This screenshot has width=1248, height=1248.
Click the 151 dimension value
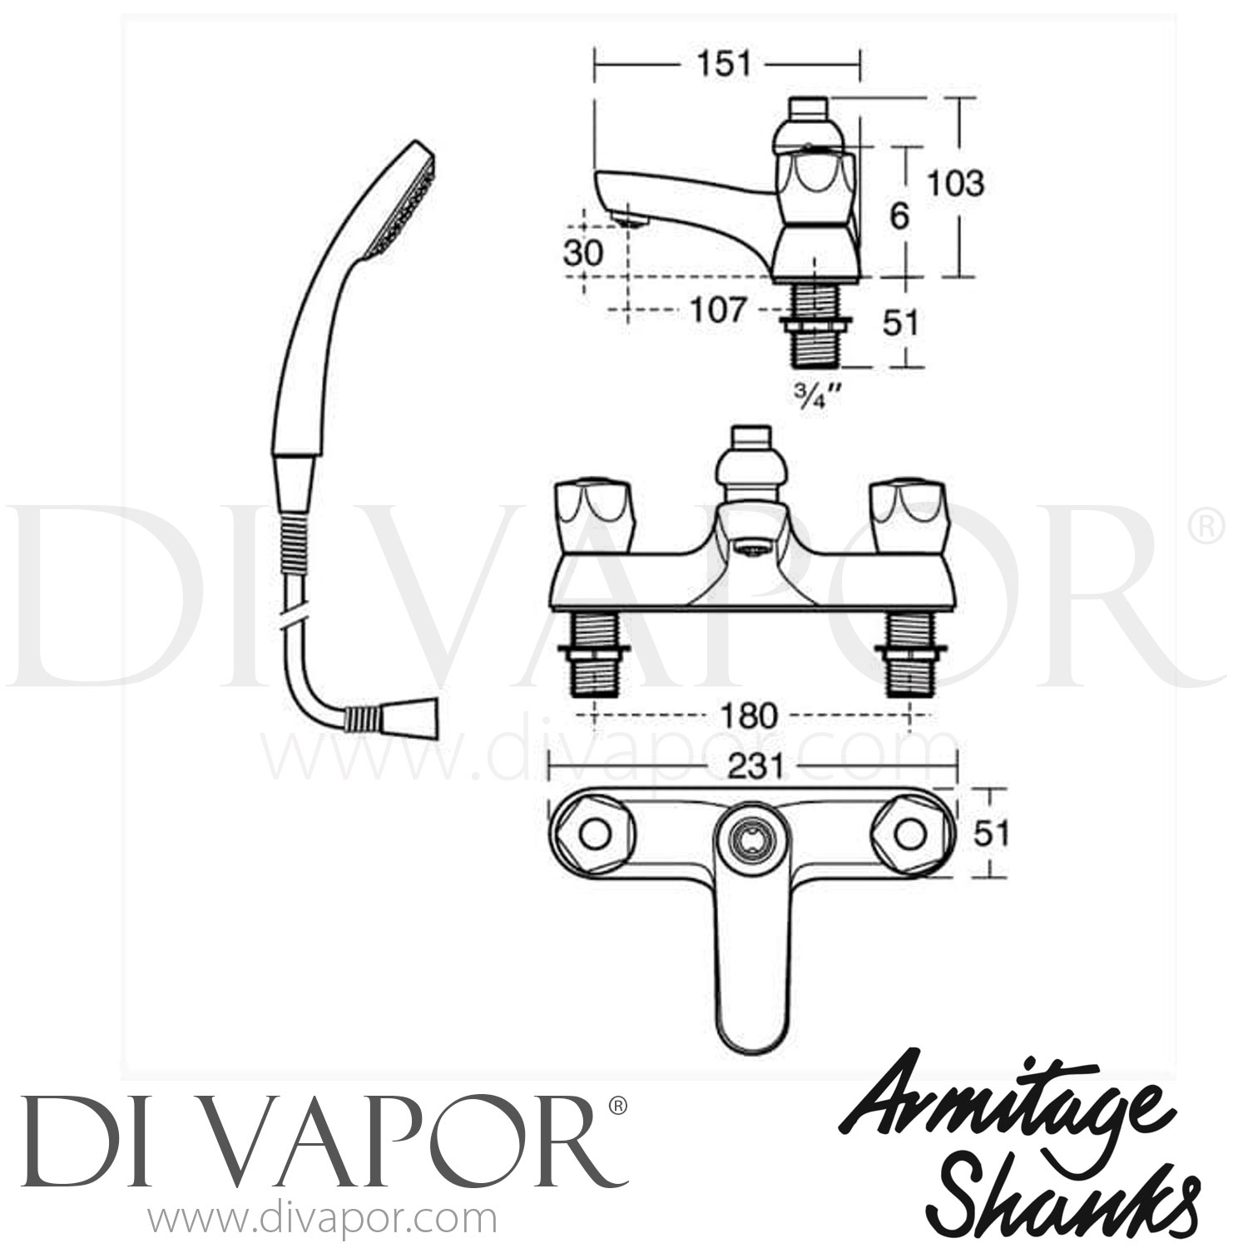[x=724, y=64]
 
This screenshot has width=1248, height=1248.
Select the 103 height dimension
[x=956, y=184]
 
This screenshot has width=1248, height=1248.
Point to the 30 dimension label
[x=582, y=253]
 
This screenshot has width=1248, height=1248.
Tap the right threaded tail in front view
[x=911, y=657]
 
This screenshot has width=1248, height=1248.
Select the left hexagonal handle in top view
[x=593, y=833]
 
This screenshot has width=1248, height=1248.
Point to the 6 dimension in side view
[x=899, y=216]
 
